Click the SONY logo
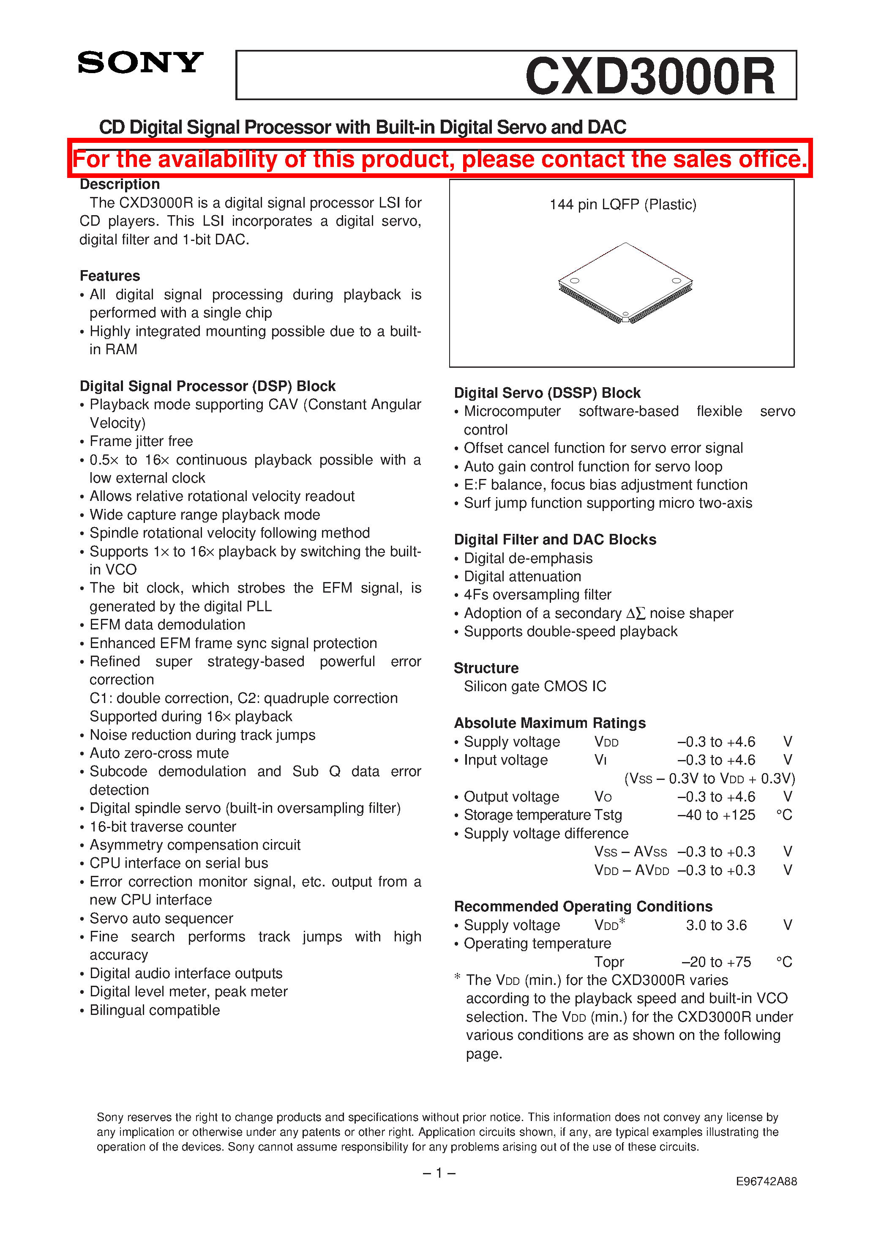click(140, 63)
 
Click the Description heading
click(120, 184)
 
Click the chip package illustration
click(625, 283)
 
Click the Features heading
click(110, 276)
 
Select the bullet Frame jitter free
click(141, 441)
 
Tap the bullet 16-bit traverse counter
click(163, 826)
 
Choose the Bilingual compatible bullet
click(155, 1010)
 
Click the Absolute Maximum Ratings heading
click(549, 722)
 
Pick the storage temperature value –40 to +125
click(716, 815)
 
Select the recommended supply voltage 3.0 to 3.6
click(716, 925)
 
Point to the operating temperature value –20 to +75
click(716, 962)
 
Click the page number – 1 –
click(439, 1173)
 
